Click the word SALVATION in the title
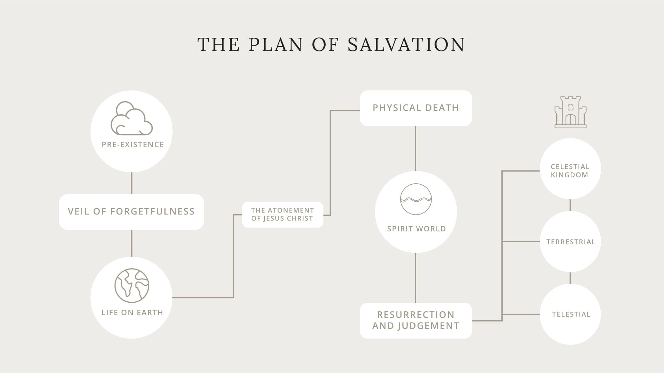(406, 45)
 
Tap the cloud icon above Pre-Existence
(131, 118)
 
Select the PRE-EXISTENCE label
(133, 145)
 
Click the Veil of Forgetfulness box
(131, 212)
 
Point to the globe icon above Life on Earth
(132, 285)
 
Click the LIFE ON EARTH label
(132, 312)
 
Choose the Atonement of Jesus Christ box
(283, 215)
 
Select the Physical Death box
(416, 108)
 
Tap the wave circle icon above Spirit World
(416, 199)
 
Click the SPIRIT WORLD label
(416, 229)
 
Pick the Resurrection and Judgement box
(416, 320)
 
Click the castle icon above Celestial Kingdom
(570, 112)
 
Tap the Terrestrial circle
(570, 242)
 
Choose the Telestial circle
(570, 314)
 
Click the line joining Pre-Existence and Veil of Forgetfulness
(132, 183)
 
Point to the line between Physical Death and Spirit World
(416, 149)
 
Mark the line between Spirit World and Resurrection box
(416, 278)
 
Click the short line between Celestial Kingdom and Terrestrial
(570, 205)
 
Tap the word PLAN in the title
(276, 45)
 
